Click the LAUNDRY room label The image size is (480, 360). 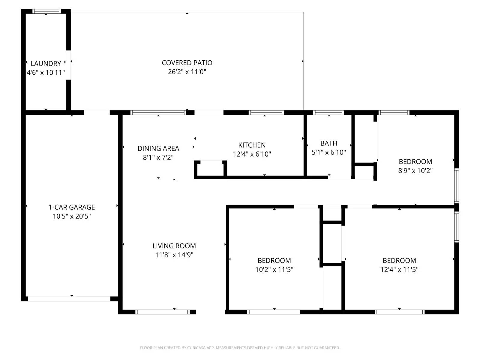pyautogui.click(x=46, y=63)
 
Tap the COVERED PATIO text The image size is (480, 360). pyautogui.click(x=187, y=63)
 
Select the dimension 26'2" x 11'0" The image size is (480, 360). pyautogui.click(x=187, y=72)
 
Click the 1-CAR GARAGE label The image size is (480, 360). pyautogui.click(x=72, y=207)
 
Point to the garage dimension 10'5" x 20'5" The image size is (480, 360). pyautogui.click(x=72, y=216)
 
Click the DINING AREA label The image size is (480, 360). pyautogui.click(x=158, y=148)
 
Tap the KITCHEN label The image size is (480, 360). pyautogui.click(x=252, y=145)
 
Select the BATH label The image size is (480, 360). pyautogui.click(x=329, y=143)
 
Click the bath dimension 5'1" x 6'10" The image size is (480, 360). pyautogui.click(x=329, y=152)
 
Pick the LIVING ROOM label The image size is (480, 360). pyautogui.click(x=174, y=246)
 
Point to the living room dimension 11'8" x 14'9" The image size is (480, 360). pyautogui.click(x=174, y=255)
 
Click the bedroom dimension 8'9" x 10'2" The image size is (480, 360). pyautogui.click(x=415, y=170)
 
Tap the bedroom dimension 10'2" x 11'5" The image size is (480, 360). pyautogui.click(x=274, y=269)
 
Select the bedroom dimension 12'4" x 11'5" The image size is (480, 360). pyautogui.click(x=399, y=269)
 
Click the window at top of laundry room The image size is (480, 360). pyautogui.click(x=46, y=11)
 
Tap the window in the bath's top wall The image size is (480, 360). pyautogui.click(x=328, y=113)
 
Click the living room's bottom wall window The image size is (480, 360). pyautogui.click(x=163, y=312)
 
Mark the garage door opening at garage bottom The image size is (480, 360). pyautogui.click(x=69, y=299)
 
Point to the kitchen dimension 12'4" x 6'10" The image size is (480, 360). pyautogui.click(x=252, y=154)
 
